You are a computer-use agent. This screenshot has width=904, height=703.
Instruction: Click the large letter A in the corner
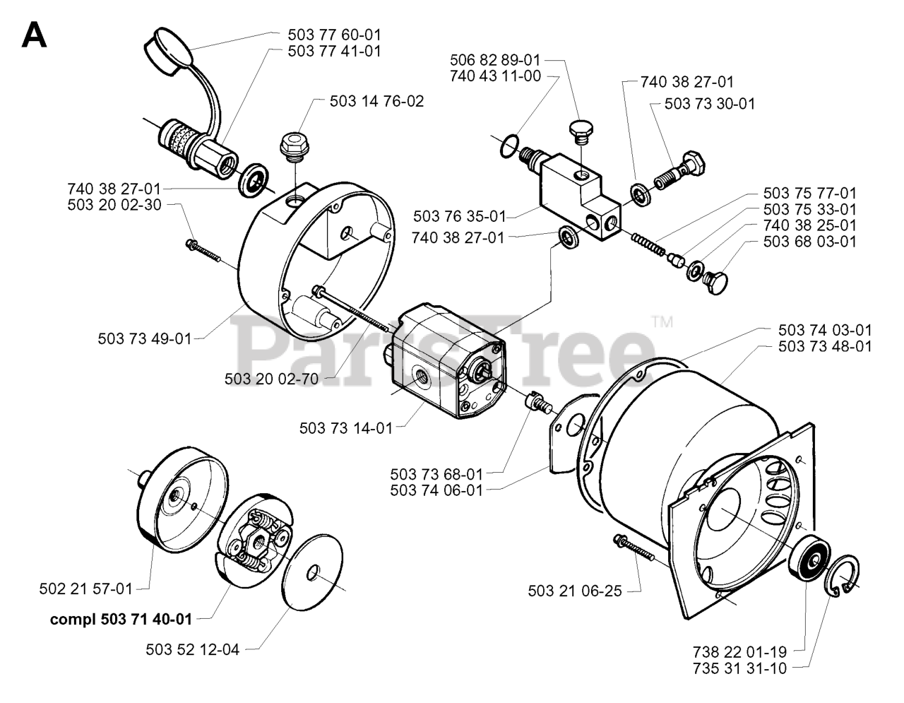click(x=35, y=34)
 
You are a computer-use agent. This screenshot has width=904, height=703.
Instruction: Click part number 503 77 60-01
click(x=335, y=34)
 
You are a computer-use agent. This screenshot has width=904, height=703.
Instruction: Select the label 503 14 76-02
click(x=376, y=101)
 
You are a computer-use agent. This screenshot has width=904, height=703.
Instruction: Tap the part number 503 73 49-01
click(x=145, y=338)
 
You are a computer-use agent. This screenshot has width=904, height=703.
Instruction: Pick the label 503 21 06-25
click(x=575, y=591)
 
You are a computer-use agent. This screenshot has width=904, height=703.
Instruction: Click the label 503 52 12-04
click(x=193, y=649)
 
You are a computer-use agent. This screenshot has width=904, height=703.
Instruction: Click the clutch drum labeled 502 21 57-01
click(x=180, y=502)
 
